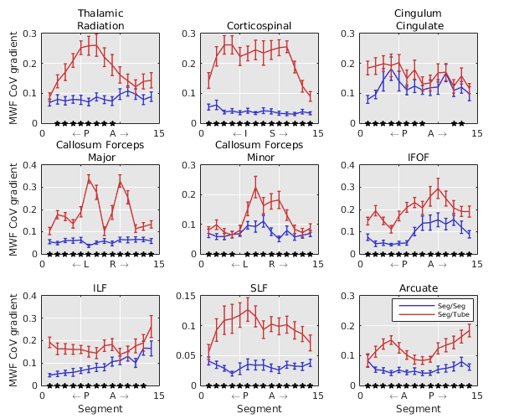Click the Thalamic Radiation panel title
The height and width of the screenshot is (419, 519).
tap(100, 19)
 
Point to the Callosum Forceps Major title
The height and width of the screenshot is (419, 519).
tap(100, 151)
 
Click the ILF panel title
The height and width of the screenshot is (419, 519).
tap(100, 288)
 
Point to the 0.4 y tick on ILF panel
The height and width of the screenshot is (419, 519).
tap(31, 296)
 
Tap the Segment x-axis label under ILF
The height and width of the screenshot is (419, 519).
tap(100, 409)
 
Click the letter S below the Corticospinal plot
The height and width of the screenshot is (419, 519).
tap(272, 133)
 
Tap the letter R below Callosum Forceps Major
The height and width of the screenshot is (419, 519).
tap(113, 265)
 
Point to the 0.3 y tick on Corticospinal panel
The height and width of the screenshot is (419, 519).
tap(189, 34)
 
